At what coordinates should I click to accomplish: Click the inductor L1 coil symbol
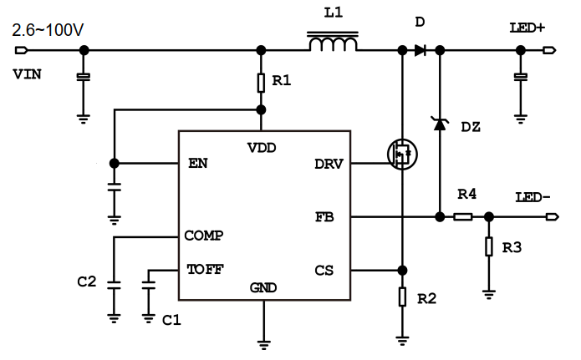pos(334,43)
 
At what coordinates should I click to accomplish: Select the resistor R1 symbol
pos(262,82)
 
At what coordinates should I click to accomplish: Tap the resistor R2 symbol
pos(402,297)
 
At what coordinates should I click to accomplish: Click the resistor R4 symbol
pos(463,217)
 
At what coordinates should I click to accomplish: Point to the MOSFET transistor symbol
pos(401,154)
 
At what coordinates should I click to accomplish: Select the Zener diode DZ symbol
pos(439,124)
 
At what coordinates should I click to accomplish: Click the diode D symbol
pos(420,50)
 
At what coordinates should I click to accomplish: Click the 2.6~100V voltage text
pos(48,32)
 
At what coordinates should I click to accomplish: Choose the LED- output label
pos(533,197)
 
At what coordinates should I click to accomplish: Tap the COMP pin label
pos(203,236)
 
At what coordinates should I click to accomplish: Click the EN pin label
pos(199,163)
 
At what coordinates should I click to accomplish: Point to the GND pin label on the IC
pos(263,288)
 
